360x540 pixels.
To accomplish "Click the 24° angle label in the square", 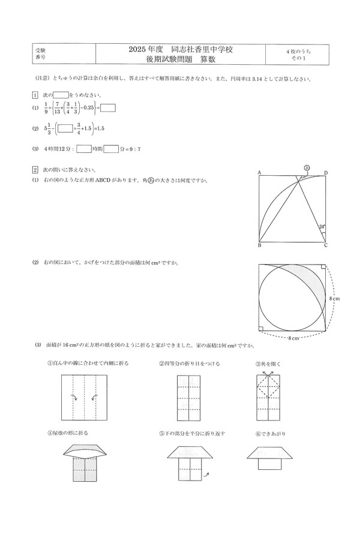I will (x=322, y=227).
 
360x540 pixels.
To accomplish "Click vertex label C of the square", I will (x=326, y=246).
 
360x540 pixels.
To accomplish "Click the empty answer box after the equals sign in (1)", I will (x=108, y=108).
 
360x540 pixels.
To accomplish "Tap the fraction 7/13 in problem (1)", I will (x=57, y=108).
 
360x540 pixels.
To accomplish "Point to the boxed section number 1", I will (x=35, y=95).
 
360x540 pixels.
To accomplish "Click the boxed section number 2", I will (x=35, y=169).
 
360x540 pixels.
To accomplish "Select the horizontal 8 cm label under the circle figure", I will (x=292, y=338).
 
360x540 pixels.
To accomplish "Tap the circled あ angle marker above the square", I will (x=306, y=168).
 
